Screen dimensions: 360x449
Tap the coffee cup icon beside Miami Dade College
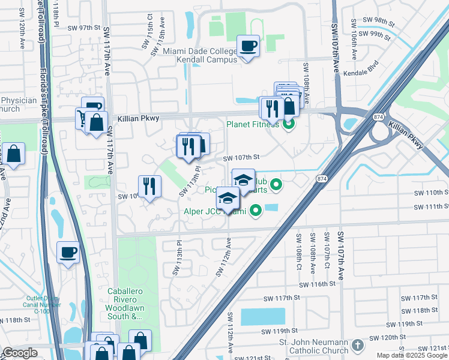coord(248,46)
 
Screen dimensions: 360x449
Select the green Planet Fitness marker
coord(289,125)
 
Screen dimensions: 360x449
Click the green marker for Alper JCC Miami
coord(256,211)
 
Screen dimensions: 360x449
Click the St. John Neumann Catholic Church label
coord(312,346)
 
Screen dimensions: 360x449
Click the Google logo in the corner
coord(20,353)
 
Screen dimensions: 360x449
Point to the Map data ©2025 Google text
coord(411,355)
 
